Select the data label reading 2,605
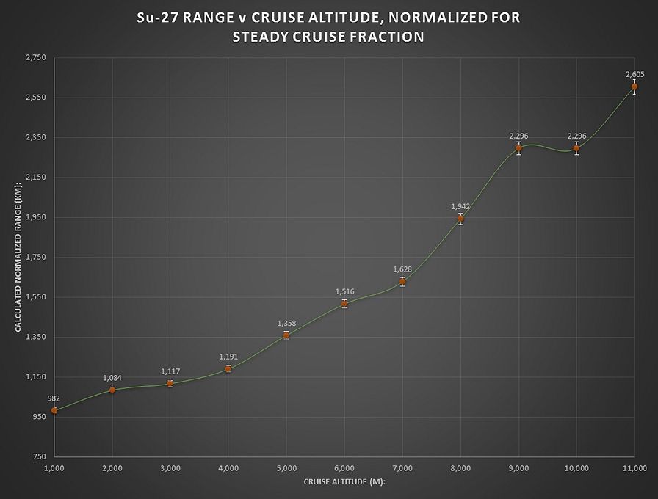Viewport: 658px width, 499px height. [634, 74]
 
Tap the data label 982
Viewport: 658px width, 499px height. [54, 398]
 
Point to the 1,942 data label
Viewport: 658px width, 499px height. [460, 207]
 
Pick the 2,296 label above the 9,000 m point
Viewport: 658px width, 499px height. [518, 136]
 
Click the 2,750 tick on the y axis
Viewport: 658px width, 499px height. [35, 57]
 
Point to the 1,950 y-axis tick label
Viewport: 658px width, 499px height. [35, 217]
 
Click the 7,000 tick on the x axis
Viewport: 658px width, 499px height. [402, 467]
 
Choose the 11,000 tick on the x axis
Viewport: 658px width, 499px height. [634, 467]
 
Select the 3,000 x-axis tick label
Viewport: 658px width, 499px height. [170, 467]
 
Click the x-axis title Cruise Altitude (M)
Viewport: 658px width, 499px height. [344, 481]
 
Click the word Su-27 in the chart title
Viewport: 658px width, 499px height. [160, 18]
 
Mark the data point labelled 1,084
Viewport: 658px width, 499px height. [112, 390]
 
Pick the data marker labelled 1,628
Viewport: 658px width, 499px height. [402, 281]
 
